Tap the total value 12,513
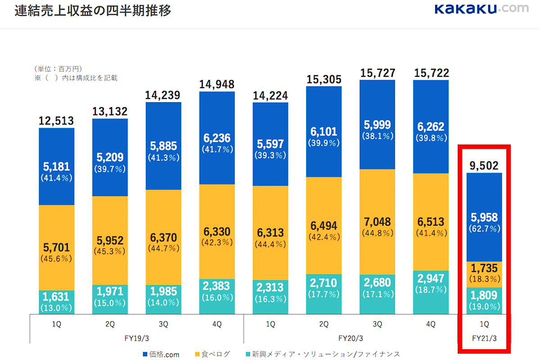pos(56,121)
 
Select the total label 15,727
pos(378,72)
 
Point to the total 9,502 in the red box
pos(484,166)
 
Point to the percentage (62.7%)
pos(484,229)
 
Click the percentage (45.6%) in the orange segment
pos(56,259)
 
